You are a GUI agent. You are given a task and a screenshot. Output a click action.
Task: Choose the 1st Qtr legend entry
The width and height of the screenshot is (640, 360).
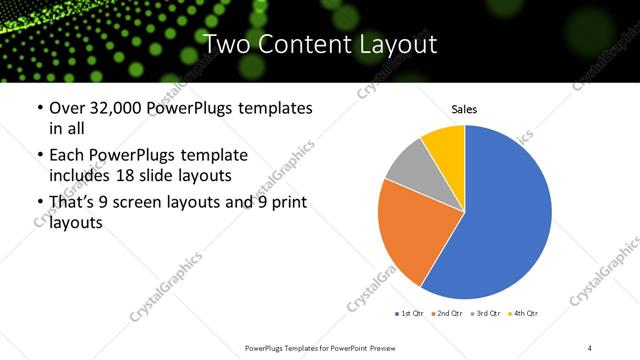pyautogui.click(x=410, y=314)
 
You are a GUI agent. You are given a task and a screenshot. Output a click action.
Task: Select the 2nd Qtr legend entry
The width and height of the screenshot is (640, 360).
pyautogui.click(x=446, y=314)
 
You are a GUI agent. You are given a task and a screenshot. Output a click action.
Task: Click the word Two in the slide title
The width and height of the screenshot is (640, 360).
pyautogui.click(x=228, y=44)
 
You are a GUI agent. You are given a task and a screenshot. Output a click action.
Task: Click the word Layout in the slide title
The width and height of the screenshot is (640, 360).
pyautogui.click(x=396, y=44)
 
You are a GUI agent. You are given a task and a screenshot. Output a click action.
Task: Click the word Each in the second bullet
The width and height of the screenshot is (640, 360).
pyautogui.click(x=67, y=155)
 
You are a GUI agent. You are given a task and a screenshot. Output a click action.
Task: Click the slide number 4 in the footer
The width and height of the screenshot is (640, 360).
pyautogui.click(x=590, y=346)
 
